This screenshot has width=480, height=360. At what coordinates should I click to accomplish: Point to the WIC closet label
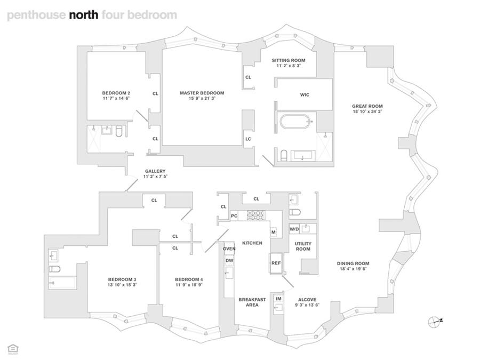pos(305,95)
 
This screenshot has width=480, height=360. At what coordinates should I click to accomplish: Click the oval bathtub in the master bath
pos(295,121)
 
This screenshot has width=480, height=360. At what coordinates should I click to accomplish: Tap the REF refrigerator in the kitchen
pos(276,263)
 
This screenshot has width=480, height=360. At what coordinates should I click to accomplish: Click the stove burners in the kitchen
pos(255,215)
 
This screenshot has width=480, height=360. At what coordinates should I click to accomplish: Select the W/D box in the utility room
pos(294,229)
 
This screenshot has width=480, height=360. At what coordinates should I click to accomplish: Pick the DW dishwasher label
pos(229,260)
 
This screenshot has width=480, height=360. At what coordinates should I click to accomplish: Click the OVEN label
pos(229,249)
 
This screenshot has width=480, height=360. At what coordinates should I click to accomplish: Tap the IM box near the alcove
pos(278,299)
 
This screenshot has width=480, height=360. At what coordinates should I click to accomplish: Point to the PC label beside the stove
pos(234,216)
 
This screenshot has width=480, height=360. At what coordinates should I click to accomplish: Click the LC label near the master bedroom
pos(248,139)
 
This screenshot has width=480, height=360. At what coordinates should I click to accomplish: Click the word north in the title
pos(84,15)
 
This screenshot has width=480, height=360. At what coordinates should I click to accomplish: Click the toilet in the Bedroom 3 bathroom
pos(54,269)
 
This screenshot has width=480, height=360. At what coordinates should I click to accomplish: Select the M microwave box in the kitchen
pos(274,232)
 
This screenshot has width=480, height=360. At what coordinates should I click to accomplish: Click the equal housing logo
pos(13,349)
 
